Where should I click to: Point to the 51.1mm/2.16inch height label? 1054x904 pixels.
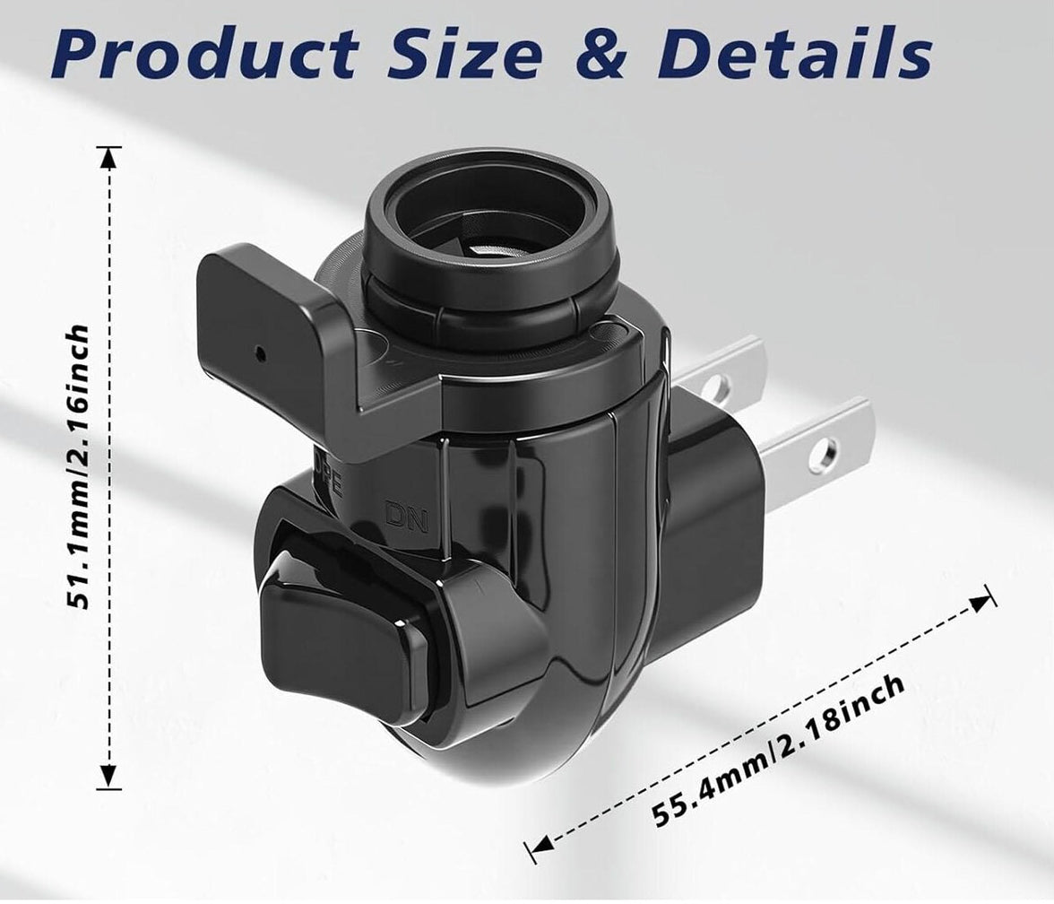pos(79,468)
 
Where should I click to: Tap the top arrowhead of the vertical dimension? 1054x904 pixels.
pos(109,158)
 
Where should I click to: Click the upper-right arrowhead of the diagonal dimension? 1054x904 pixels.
pos(984,599)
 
